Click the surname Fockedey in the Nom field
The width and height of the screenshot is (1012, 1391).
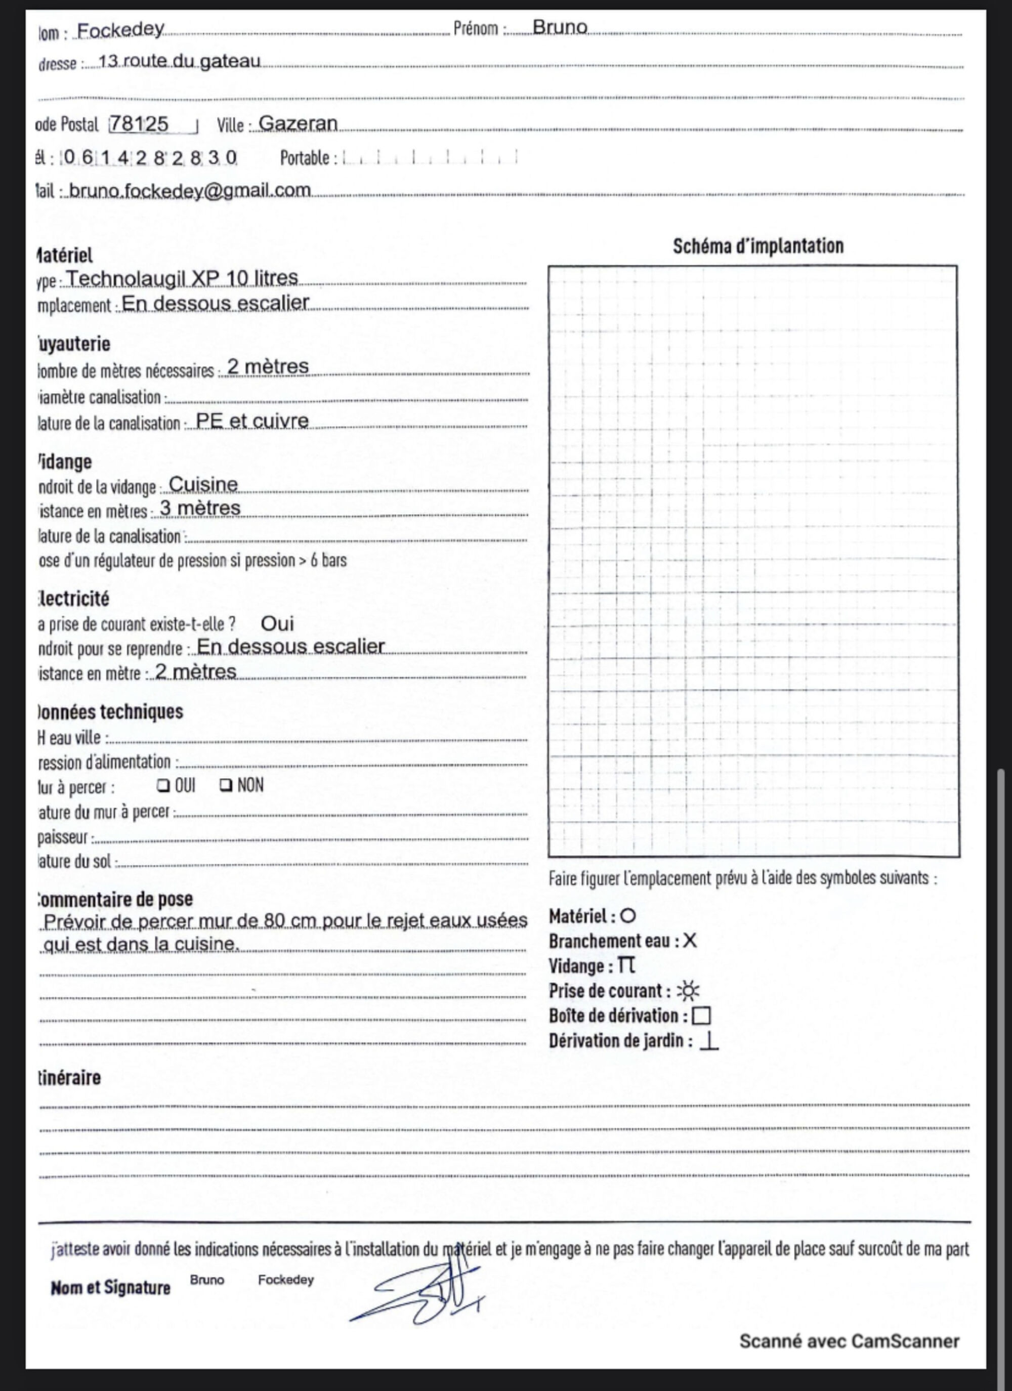point(121,29)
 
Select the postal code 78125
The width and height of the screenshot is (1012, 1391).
point(139,124)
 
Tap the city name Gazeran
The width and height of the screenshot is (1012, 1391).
point(298,123)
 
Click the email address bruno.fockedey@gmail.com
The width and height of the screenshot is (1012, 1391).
point(190,191)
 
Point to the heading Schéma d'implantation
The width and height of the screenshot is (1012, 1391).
point(758,246)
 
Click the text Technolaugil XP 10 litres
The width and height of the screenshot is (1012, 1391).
point(182,278)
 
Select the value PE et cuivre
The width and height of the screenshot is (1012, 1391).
point(252,420)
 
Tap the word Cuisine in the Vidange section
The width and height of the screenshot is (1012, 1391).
point(203,485)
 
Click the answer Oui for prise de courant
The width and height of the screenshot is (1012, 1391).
point(277,624)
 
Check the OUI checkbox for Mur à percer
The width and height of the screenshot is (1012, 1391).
point(162,785)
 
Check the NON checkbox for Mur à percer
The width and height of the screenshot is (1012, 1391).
point(225,785)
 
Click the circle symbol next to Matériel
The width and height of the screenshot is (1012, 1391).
point(627,916)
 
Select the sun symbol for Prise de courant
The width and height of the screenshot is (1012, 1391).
point(688,991)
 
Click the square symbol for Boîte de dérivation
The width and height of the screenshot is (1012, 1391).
point(701,1016)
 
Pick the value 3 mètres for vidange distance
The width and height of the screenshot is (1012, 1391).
point(200,509)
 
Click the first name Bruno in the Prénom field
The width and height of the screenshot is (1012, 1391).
point(560,28)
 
